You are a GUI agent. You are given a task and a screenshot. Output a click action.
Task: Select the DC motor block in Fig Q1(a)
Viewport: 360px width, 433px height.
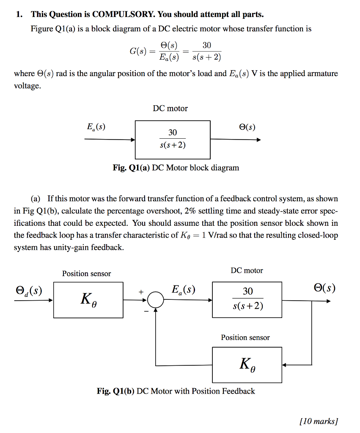click(x=172, y=139)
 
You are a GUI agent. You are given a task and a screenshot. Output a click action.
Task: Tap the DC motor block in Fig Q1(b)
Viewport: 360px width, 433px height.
click(x=247, y=299)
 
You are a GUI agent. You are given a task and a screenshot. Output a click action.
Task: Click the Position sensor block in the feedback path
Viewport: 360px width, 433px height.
click(x=247, y=364)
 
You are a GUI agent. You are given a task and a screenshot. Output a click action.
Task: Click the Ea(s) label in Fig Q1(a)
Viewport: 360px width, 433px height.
click(x=96, y=126)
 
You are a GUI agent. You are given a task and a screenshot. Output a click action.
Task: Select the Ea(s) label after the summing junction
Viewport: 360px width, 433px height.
click(x=184, y=290)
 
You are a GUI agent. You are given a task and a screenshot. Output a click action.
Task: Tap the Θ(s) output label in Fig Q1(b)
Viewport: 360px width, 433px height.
click(x=324, y=288)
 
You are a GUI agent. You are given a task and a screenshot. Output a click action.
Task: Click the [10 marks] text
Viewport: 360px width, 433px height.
click(x=318, y=421)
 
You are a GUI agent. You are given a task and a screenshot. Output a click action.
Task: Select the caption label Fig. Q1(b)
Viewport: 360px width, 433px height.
click(x=115, y=391)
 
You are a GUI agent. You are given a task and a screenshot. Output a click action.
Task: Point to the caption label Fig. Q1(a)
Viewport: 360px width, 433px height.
click(x=131, y=168)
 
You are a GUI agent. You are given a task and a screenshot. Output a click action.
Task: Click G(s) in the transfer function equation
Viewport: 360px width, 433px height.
click(x=139, y=52)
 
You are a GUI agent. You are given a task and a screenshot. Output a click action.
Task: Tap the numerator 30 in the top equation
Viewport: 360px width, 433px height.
click(x=207, y=46)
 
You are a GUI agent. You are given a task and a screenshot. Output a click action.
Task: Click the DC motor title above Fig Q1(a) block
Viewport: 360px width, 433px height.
click(x=170, y=108)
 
